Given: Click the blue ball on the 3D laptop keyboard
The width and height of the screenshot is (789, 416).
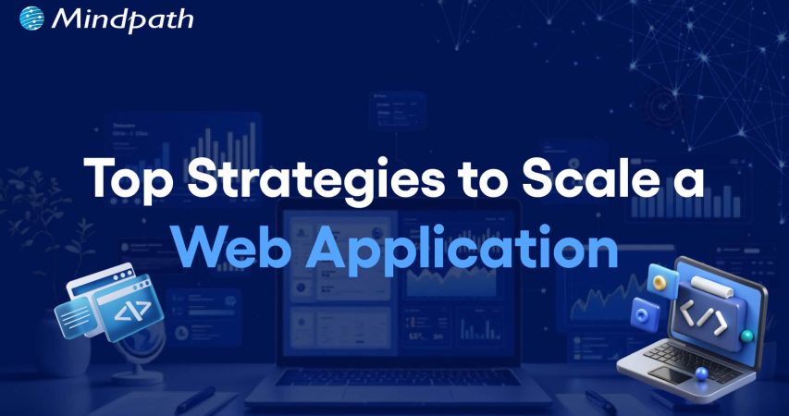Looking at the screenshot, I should (x=703, y=372).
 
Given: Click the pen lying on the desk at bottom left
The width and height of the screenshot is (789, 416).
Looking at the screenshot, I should (x=199, y=398).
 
